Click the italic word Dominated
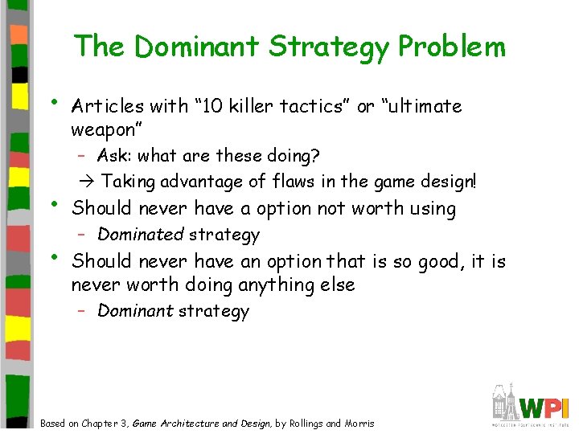point(141,235)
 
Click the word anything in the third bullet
point(262,285)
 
